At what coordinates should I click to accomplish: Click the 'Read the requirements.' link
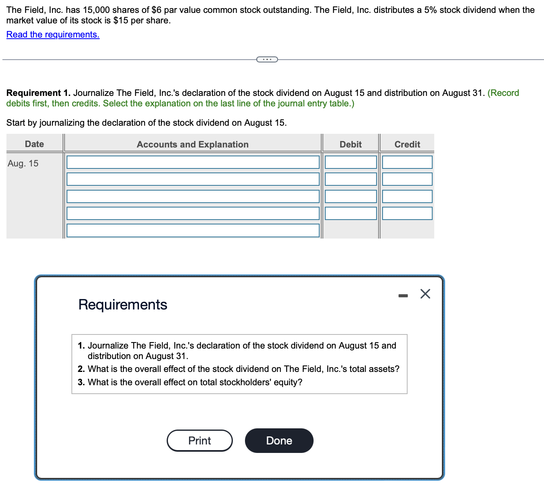(53, 35)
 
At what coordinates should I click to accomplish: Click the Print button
(199, 440)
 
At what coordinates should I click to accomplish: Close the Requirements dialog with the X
(425, 294)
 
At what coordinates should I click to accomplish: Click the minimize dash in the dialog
(403, 296)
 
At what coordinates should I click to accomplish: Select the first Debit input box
(350, 162)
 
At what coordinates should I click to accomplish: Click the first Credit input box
(407, 162)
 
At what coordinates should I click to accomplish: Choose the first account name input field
(193, 162)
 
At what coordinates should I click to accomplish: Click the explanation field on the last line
(193, 230)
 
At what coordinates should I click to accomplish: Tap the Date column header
(34, 144)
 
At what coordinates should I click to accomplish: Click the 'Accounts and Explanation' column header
(192, 144)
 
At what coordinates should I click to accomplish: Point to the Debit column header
(350, 144)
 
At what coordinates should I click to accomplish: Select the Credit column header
(407, 144)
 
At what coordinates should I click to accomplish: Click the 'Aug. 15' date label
(23, 163)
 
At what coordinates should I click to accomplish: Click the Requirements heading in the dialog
(123, 305)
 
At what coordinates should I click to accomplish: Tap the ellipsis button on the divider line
(267, 60)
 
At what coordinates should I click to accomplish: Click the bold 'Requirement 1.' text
(38, 93)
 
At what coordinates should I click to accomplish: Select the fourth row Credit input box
(407, 214)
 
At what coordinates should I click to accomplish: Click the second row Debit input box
(350, 179)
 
